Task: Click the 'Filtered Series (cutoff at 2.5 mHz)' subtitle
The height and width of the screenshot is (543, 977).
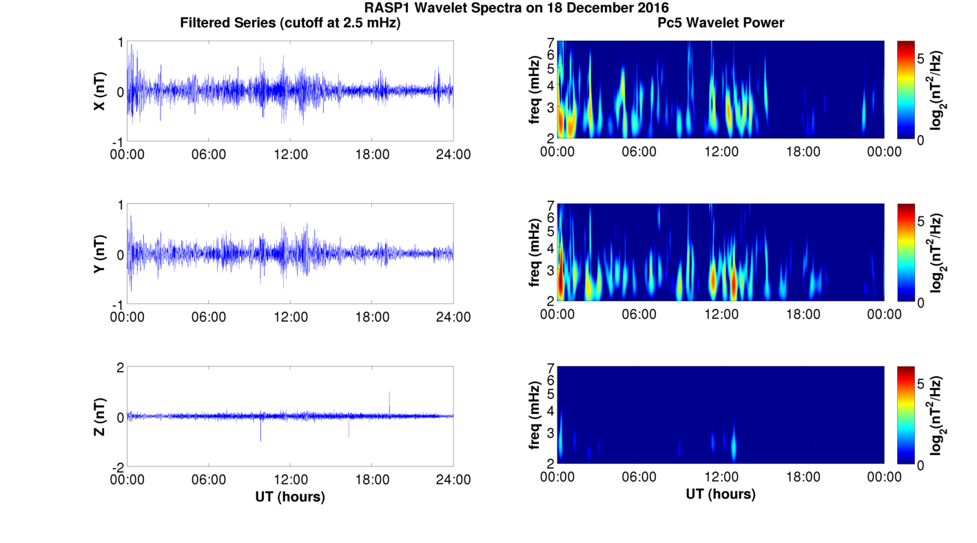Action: [290, 23]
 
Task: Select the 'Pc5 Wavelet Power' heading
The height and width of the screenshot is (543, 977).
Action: [721, 23]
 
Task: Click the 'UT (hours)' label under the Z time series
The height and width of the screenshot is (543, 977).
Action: [290, 496]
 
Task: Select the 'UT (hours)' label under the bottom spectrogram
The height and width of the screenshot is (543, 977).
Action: [721, 494]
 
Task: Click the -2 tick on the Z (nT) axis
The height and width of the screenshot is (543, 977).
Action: [119, 467]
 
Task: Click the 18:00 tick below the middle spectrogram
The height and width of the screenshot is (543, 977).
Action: [803, 314]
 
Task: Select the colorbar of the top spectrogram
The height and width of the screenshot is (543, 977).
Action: [906, 90]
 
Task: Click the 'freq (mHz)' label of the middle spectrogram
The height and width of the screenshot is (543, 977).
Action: [535, 253]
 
